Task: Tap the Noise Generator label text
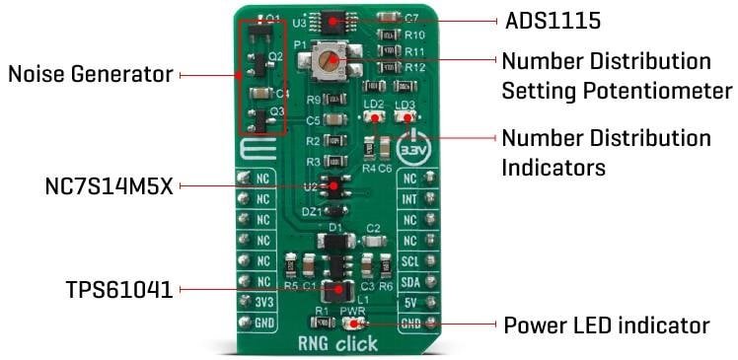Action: (90, 74)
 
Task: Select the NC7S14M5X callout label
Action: (110, 185)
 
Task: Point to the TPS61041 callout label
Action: (119, 290)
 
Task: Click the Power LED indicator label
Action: (607, 324)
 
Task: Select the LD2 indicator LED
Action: (374, 116)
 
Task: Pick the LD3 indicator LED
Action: (405, 116)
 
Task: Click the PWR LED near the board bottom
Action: (354, 323)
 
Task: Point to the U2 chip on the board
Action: (336, 184)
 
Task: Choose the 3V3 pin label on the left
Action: (262, 303)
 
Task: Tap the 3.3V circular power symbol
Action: (411, 151)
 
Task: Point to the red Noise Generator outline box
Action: (240, 74)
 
